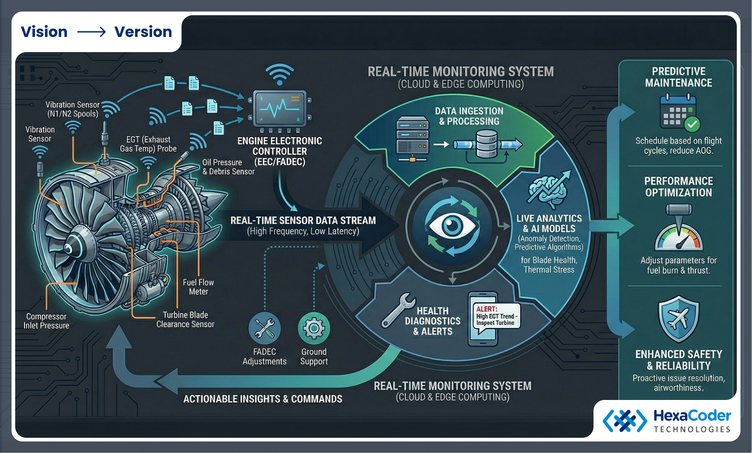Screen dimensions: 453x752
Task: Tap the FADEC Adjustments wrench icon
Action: coord(264,328)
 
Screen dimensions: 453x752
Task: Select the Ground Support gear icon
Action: coord(314,328)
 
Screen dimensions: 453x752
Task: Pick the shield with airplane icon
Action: coord(679,319)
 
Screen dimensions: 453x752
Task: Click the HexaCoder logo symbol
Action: coord(624,421)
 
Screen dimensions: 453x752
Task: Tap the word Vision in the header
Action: coord(44,32)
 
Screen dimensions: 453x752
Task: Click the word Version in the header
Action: coord(143,32)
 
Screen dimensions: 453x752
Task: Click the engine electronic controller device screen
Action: coord(280,109)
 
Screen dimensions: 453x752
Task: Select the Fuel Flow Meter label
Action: coord(198,287)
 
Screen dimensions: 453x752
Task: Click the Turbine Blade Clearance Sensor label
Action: coord(185,320)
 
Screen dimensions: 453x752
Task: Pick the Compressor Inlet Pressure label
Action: coord(46,321)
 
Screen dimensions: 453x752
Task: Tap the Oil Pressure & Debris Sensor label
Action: coord(228,167)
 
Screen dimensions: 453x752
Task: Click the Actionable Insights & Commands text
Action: coord(263,399)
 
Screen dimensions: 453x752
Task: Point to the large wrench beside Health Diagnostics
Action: coord(398,310)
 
